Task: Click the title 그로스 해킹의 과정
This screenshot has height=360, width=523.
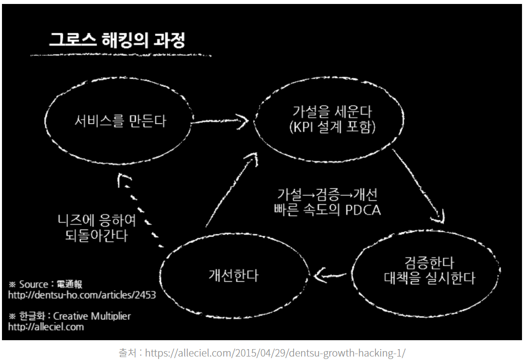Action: click(117, 40)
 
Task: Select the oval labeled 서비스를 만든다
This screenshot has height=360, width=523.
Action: click(119, 120)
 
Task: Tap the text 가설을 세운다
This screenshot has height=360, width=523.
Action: click(329, 112)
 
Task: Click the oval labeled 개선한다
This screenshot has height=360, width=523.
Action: click(233, 275)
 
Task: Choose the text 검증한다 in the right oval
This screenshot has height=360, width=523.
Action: click(429, 262)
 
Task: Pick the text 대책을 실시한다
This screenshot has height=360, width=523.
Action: click(429, 278)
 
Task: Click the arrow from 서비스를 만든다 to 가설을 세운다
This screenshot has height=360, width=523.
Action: click(220, 120)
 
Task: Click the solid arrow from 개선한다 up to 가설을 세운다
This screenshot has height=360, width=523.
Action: click(231, 191)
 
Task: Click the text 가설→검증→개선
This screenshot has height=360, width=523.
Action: click(327, 194)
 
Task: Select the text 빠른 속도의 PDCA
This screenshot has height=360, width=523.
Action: click(327, 209)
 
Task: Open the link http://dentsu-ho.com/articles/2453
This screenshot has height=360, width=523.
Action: click(82, 295)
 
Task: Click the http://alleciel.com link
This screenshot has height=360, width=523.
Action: click(46, 327)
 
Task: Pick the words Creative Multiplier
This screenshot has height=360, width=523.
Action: click(92, 316)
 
